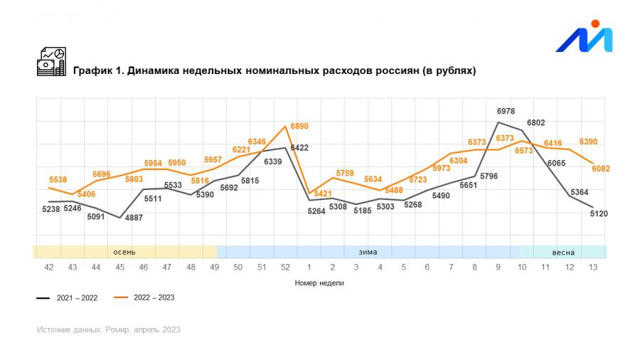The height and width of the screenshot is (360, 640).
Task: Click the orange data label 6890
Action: point(299,126)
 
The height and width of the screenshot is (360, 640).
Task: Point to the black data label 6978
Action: point(506,112)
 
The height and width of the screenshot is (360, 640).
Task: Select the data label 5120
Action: point(599,213)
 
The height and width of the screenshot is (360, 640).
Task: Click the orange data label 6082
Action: point(600,169)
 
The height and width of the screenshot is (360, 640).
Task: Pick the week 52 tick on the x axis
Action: point(285,267)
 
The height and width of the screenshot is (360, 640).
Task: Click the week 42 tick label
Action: point(49,267)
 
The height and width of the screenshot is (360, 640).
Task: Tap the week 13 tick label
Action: point(592,267)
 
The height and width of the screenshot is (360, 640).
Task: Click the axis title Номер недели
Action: point(320,282)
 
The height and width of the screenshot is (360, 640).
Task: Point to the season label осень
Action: point(124,252)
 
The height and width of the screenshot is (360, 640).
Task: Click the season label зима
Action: point(368,252)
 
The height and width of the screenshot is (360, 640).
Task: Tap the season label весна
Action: point(563,252)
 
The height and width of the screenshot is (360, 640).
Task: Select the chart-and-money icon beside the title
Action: point(51,62)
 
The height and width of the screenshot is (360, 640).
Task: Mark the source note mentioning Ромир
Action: point(109,329)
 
